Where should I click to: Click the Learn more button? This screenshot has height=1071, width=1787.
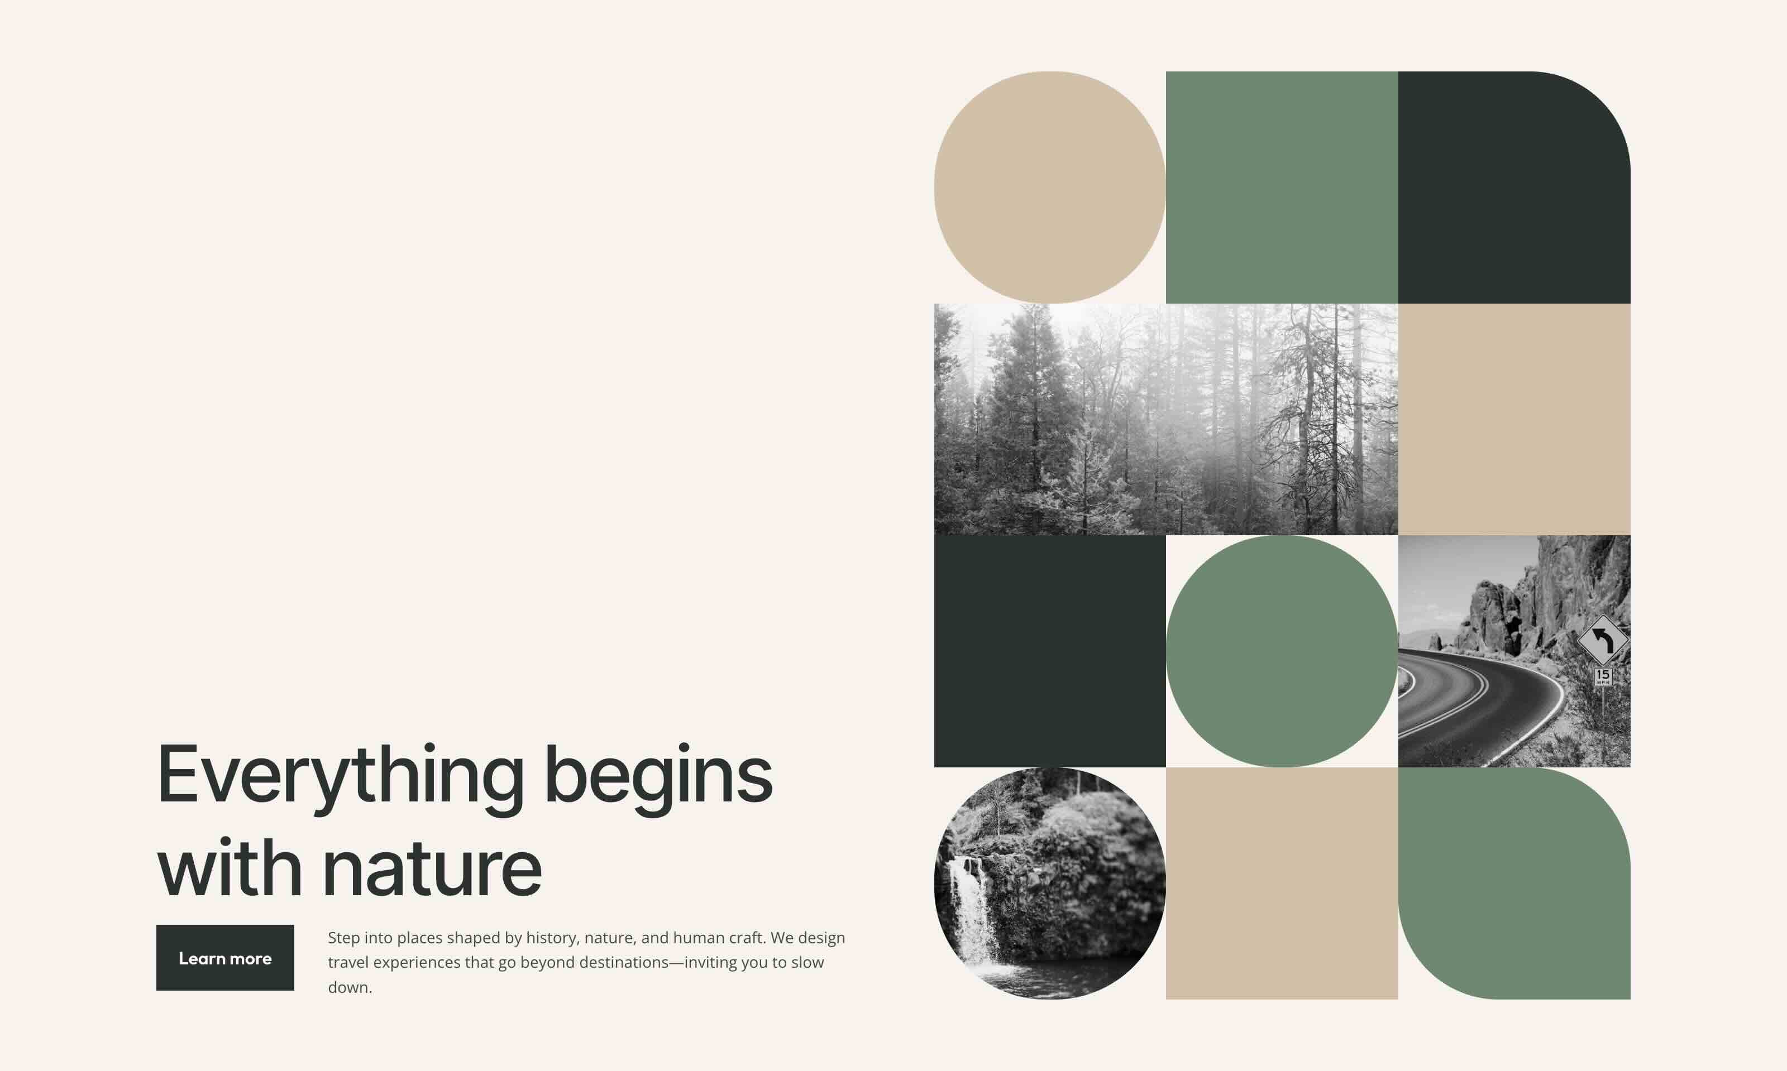pyautogui.click(x=224, y=958)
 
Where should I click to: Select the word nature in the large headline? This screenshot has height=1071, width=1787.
pyautogui.click(x=432, y=868)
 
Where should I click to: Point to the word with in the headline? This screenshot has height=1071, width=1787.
pyautogui.click(x=229, y=868)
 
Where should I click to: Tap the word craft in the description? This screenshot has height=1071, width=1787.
pyautogui.click(x=744, y=938)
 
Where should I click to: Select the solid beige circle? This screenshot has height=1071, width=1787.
pyautogui.click(x=1049, y=187)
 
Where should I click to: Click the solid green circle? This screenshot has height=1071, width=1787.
pyautogui.click(x=1282, y=651)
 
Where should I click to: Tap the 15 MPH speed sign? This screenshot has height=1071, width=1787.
pyautogui.click(x=1603, y=676)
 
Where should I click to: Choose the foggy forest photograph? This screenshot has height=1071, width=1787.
pyautogui.click(x=1165, y=419)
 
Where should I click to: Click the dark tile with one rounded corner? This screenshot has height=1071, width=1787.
pyautogui.click(x=1513, y=187)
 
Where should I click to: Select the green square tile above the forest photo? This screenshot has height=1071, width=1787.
pyautogui.click(x=1282, y=187)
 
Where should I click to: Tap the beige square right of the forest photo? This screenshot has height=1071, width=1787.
pyautogui.click(x=1513, y=419)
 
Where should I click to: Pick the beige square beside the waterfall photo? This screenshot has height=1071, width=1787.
pyautogui.click(x=1282, y=882)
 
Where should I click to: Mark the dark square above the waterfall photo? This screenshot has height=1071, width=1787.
pyautogui.click(x=1049, y=651)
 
